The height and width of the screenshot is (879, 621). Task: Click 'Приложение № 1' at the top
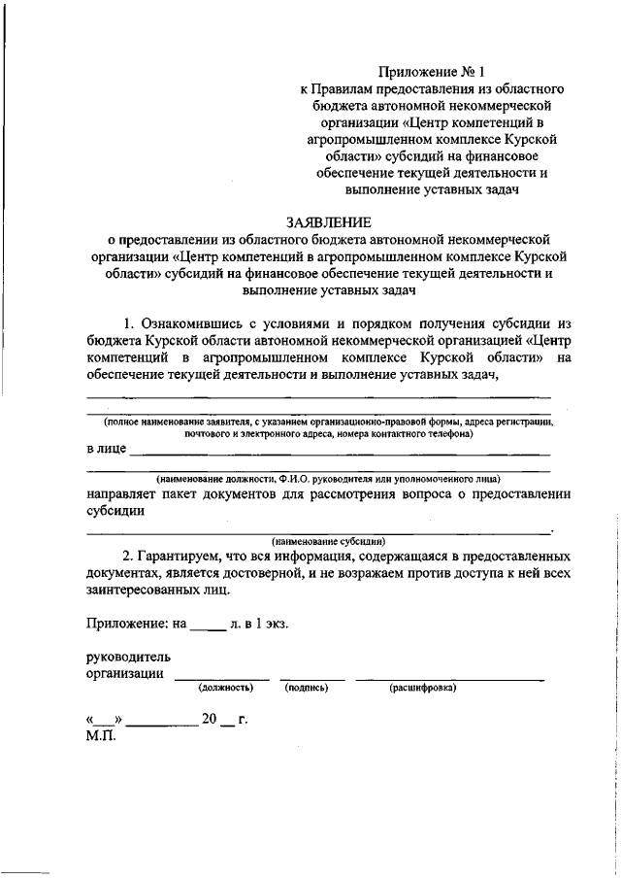point(427,71)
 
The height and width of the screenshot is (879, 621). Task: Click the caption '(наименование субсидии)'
point(329,540)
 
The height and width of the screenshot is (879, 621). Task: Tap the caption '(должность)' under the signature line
point(226,688)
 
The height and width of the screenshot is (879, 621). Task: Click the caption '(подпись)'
point(307,688)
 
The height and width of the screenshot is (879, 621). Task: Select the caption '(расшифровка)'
point(423,688)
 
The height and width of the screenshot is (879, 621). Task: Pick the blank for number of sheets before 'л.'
point(207,628)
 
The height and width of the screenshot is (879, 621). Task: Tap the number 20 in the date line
point(209,720)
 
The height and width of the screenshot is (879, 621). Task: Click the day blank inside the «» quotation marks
point(105,722)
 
